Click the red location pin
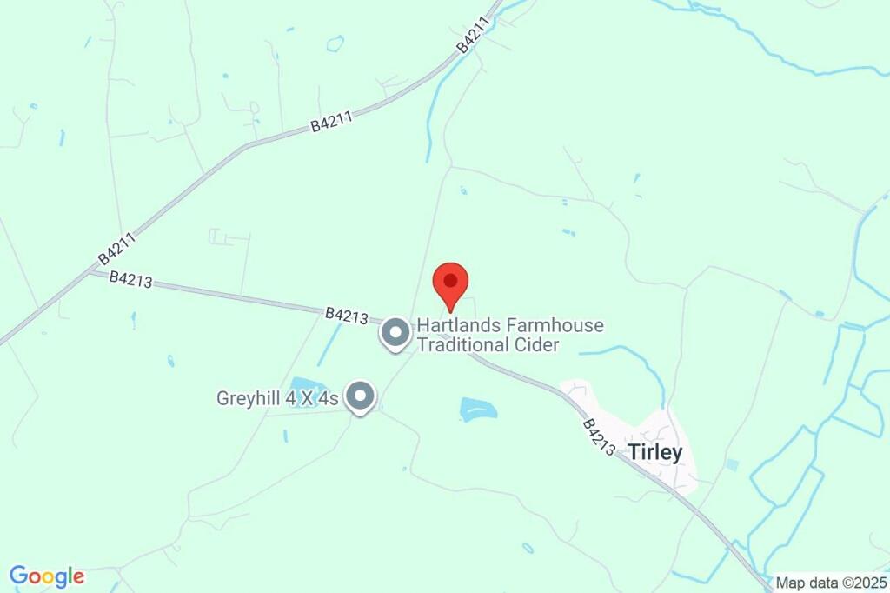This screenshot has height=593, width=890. tap(450, 282)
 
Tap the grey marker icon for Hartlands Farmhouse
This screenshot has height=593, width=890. tap(395, 333)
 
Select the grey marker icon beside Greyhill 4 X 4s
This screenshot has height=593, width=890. tap(359, 397)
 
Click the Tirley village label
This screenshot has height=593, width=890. tap(655, 452)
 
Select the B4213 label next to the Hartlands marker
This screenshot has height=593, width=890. tap(348, 315)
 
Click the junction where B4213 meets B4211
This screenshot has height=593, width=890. tap(90, 271)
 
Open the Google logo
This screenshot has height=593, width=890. tap(47, 576)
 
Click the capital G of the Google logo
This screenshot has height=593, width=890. tap(19, 576)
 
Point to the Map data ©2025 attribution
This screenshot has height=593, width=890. tap(830, 583)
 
